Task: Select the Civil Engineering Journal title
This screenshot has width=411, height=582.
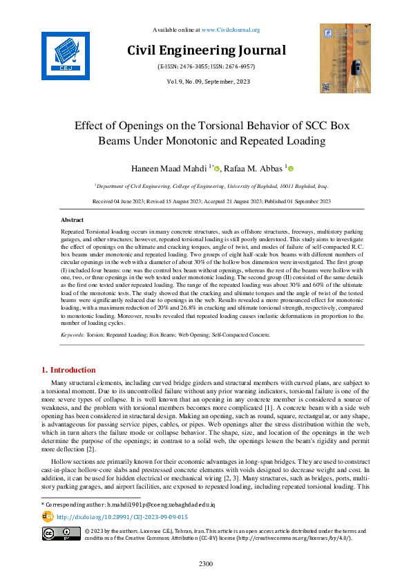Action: point(206,50)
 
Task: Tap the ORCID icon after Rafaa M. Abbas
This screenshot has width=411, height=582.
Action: point(291,168)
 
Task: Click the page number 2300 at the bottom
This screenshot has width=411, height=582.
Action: point(206,564)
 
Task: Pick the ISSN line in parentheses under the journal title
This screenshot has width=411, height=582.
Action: point(206,68)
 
